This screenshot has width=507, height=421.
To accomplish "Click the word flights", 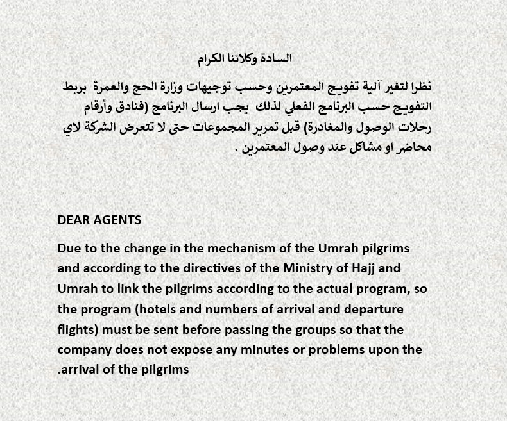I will pos(78,329).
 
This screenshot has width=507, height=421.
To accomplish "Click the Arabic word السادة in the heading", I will pos(276,58).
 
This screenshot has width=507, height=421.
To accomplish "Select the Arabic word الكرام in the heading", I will pos(210,58).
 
